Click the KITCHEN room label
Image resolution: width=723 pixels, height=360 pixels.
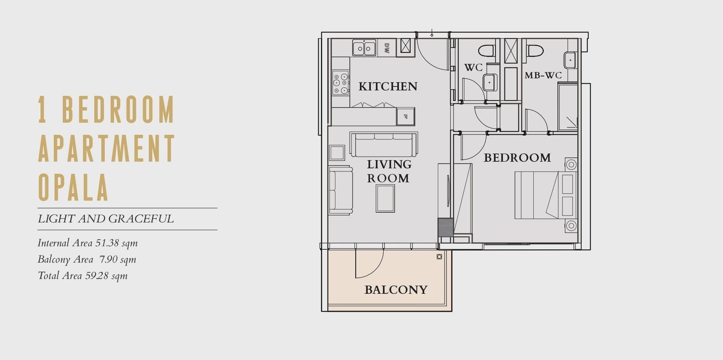coord(388,86)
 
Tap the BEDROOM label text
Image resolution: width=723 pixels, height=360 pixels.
coord(517,158)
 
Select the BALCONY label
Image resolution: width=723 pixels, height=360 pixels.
coord(396,289)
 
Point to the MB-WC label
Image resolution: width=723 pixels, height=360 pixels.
coord(543,75)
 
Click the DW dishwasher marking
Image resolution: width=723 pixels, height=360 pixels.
coord(387,48)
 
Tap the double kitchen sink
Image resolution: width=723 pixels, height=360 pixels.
coord(364,48)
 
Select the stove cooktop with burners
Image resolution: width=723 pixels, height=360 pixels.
coord(340,83)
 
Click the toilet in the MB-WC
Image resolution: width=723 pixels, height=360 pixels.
coord(535,51)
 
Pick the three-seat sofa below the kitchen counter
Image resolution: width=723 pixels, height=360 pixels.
coord(384,144)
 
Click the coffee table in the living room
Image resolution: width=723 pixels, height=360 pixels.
coord(385,198)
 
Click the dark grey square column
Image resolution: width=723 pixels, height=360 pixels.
coord(446,228)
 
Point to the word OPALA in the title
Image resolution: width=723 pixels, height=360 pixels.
coord(73,187)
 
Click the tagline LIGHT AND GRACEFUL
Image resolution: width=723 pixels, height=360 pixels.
coord(106,219)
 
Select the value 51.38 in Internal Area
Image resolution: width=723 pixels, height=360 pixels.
coord(107,243)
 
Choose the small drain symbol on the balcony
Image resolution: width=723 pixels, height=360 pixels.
coord(439,257)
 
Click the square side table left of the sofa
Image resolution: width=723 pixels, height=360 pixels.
coord(337,153)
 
